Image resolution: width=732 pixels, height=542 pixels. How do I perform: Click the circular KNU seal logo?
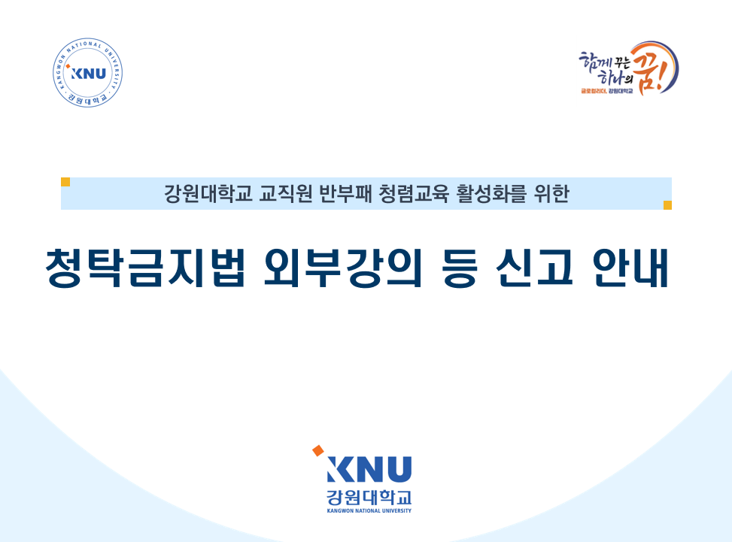point(88,73)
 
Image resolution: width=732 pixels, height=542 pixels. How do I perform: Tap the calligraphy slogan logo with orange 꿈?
point(628,68)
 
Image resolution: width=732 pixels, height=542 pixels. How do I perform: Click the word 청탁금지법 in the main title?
point(145,268)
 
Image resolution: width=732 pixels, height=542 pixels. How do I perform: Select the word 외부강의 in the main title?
point(342,268)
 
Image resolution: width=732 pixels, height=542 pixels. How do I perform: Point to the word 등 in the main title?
point(460,268)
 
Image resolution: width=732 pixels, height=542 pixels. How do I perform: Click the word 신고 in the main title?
point(534,268)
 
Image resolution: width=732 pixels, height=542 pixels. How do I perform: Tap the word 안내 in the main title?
point(630,268)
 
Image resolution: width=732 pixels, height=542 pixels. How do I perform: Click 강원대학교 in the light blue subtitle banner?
point(208,194)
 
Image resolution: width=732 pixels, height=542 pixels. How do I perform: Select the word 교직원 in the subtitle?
point(285,194)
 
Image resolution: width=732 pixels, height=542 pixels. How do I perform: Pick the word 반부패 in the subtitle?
point(345,194)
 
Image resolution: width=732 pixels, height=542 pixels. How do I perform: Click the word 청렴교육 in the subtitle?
point(414,194)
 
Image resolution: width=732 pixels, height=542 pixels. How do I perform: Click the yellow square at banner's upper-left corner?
point(65,182)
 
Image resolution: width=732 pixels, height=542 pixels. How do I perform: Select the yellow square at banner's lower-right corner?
point(667,205)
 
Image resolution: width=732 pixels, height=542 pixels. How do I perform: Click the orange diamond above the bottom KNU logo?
point(318,450)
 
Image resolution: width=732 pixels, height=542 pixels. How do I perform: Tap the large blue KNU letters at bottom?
point(369,469)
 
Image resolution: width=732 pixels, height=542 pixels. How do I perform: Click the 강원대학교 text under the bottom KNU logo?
point(369,497)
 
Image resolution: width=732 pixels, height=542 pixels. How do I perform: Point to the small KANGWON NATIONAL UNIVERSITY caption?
point(369,510)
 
